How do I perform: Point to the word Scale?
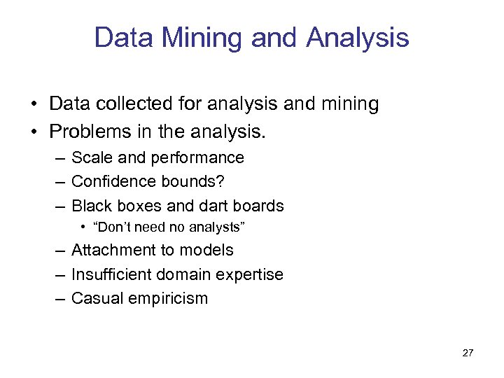coord(90,157)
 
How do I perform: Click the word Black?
coord(90,206)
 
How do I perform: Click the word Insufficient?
coord(112,274)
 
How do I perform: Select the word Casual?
coord(94,298)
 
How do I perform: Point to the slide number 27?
coord(468,352)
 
